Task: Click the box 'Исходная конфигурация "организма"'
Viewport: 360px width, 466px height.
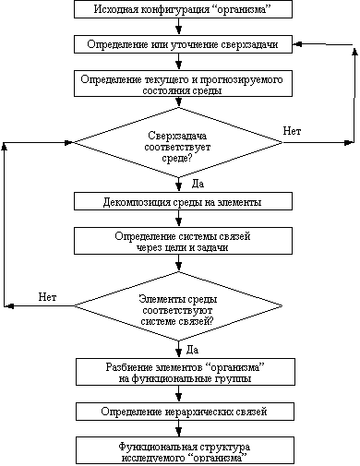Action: point(180,10)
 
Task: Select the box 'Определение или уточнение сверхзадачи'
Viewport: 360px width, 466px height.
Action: point(180,44)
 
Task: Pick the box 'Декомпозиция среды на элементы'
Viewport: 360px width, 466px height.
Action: point(180,201)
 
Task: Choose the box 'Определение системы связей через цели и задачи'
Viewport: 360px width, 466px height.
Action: point(180,241)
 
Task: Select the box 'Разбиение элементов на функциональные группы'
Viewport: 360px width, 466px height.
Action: point(180,371)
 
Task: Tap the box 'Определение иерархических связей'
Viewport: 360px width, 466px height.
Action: point(180,410)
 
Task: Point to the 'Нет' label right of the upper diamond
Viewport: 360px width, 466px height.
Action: point(294,132)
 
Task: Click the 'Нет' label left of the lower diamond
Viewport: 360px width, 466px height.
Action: point(49,297)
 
